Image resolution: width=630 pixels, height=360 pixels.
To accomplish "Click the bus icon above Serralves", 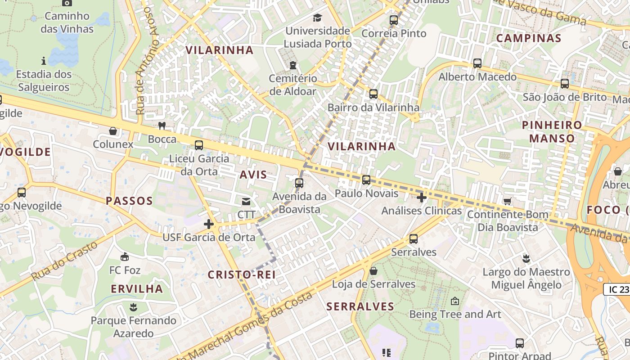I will pos(413,239).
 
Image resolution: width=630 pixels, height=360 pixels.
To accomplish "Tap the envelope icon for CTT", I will pos(246,202).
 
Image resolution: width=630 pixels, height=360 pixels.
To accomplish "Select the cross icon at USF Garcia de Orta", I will pos(208,224).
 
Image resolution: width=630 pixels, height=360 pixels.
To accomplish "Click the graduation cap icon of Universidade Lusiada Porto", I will pos(318,18).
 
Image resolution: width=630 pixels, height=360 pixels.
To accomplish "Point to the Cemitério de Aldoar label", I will pos(293,85).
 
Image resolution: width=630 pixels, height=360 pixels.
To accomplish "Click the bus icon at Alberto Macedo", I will pos(477,63).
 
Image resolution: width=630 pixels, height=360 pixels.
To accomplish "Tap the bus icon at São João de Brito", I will pos(564,84).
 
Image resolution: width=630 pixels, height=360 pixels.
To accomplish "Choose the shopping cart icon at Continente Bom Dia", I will pos(508,201).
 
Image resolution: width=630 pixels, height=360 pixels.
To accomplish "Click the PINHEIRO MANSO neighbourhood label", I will pos(552,131).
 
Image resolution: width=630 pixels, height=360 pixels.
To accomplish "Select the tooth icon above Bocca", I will pos(162,126).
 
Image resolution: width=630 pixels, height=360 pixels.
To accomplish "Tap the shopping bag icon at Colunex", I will pos(113,131).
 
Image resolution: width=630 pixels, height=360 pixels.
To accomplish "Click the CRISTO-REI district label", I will pos(241,274).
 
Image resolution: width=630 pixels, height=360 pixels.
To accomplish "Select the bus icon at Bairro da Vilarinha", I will pos(373,94).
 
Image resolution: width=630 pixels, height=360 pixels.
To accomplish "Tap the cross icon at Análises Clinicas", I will pos(421,198).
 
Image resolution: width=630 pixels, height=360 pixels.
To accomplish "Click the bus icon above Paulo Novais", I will pos(366,180).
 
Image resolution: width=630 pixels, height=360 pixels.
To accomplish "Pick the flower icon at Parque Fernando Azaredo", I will pos(133,307).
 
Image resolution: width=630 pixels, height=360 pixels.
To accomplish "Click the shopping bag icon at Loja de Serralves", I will pos(373,271).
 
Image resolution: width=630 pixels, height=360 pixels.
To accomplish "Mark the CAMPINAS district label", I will pos(529,38).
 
